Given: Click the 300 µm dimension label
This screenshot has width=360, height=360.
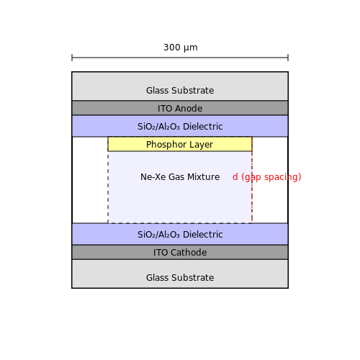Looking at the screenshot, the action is coord(181,48).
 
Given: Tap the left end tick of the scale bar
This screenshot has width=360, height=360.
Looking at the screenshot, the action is coord(72,58).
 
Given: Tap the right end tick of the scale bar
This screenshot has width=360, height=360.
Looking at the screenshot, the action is coord(288,58).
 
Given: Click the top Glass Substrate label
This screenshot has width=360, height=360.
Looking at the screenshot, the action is coord(180,91).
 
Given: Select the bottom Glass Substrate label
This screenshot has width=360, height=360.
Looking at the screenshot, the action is coord(180,278).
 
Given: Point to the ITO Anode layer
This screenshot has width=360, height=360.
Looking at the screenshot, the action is coord(180,108).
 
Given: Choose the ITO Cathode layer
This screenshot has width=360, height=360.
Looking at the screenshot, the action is coord(180,252).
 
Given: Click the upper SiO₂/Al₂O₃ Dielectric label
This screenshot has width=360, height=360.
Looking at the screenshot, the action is coord(180,127).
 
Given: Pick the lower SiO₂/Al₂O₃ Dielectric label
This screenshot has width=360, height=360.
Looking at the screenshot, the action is coord(180,235).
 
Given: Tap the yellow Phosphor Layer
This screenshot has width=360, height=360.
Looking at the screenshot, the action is coord(180,144).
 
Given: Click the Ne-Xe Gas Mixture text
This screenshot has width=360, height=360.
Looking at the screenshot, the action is coord(180,177).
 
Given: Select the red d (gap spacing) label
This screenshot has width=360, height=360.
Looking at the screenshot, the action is coord(267,177).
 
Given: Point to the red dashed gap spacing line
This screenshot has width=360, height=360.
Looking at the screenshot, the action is coord(252,180).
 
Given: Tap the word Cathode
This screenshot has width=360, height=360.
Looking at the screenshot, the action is coord(189,253).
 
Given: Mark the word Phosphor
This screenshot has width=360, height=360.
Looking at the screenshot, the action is coord(166,145).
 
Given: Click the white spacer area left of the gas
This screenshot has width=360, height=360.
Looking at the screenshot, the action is coord(90,180).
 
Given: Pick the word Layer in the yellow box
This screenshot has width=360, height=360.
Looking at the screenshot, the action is coord(201,145).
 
